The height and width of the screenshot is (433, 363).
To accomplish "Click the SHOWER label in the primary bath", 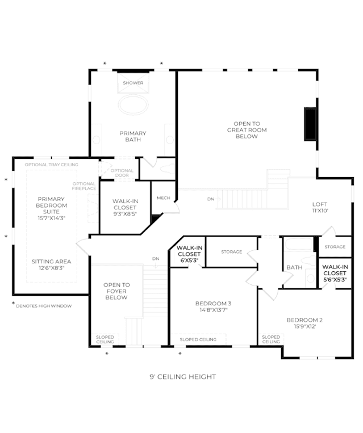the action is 133,83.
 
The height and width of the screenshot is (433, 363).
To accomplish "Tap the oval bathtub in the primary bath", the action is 133,104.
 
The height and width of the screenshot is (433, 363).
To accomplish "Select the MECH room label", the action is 164,198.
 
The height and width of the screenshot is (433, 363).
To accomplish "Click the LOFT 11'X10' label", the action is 320,207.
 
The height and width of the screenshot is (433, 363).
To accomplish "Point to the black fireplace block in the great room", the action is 311,124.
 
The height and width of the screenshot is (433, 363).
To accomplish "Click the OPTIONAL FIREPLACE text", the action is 84,186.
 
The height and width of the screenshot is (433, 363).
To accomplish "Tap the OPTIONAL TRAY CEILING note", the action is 52,165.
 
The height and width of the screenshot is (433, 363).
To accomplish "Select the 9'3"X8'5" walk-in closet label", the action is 125,207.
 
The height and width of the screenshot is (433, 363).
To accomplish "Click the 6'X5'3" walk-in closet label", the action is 189,254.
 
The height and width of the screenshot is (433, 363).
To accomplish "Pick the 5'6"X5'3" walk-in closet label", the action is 335,273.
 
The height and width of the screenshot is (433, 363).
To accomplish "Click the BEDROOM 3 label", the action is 213,306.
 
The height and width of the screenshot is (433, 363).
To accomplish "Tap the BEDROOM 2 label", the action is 304,323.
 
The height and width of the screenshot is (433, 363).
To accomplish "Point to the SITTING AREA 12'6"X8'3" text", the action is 51,264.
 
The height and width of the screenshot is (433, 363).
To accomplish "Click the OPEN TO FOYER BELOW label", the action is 116,291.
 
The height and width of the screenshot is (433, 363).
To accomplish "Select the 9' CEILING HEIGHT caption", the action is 183,377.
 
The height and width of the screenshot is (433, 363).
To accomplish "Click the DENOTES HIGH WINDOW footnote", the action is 44,306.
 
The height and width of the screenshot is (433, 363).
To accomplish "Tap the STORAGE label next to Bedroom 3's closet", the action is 231,252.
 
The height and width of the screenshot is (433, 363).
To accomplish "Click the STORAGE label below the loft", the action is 335,247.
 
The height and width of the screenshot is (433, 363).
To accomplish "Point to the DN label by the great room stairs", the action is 211,199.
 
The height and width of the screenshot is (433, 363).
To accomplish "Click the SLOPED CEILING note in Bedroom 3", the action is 198,340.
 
